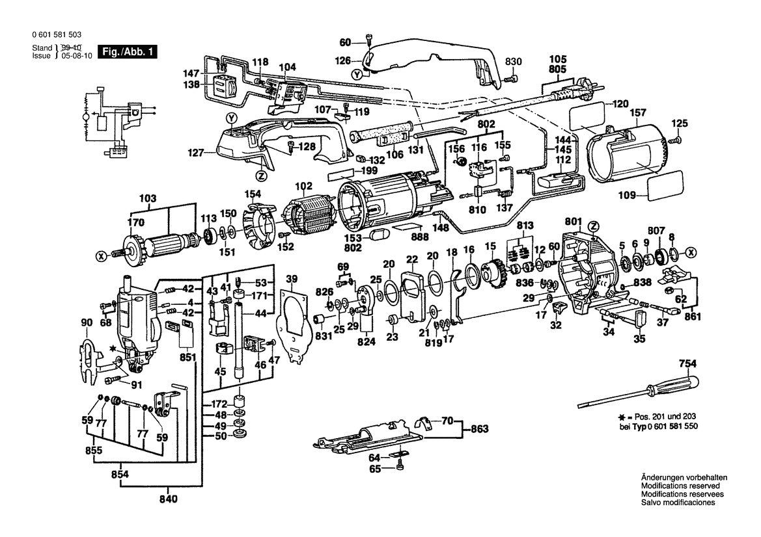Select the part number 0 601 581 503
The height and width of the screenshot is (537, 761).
coord(56,36)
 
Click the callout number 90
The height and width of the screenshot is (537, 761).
coord(87,322)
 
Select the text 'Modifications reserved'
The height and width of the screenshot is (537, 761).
coord(680,486)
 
